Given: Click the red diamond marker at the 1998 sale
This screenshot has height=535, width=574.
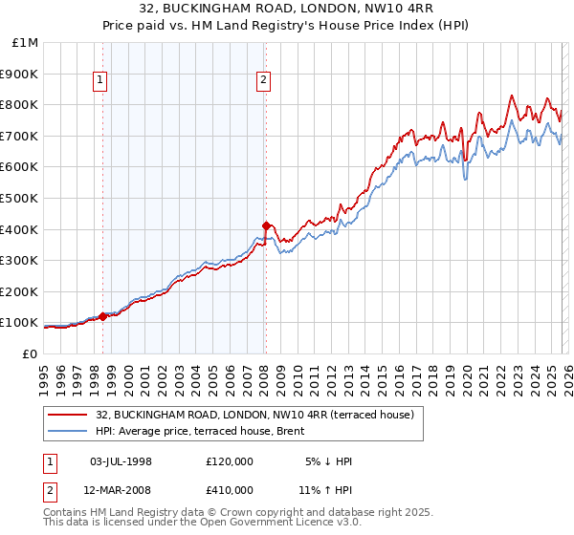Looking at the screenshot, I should (102, 315).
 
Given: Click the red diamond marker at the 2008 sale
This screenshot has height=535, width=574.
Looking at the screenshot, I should (266, 225).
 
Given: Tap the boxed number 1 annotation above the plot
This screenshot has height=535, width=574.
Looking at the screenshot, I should (102, 81).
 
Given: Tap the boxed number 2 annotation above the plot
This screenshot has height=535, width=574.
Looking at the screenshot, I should (263, 81).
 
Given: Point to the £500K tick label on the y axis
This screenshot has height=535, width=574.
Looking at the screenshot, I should (20, 198).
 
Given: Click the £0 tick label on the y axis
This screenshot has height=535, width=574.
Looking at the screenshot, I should (30, 353).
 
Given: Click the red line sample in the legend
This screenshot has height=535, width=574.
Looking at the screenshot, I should (67, 415).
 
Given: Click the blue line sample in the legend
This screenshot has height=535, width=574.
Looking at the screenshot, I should (67, 431).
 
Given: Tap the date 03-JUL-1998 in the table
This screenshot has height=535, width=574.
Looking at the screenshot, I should (121, 461).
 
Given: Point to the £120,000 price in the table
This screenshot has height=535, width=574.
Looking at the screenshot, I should (229, 461).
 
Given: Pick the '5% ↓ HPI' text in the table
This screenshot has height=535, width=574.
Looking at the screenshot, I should (326, 461).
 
